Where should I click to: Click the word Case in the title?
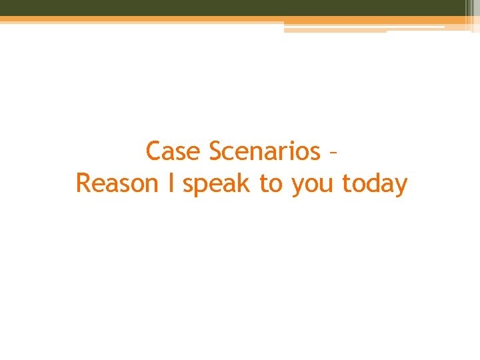(173, 151)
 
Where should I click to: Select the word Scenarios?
(265, 151)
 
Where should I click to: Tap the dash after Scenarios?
(333, 153)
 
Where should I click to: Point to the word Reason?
(117, 183)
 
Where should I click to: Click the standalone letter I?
(171, 183)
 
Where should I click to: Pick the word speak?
(217, 184)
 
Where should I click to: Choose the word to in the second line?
(271, 183)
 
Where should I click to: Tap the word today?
(374, 183)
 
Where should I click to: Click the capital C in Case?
(154, 151)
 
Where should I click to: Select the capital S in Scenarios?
(217, 151)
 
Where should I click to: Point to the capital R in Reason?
(85, 183)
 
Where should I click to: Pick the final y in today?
(400, 187)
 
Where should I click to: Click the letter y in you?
(297, 187)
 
